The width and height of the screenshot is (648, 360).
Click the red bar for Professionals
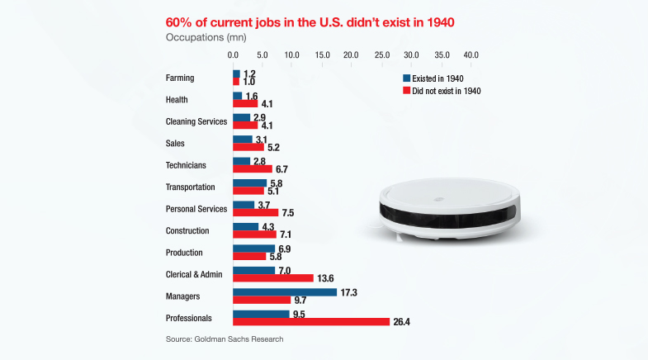point(311,321)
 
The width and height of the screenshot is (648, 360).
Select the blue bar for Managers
point(285,291)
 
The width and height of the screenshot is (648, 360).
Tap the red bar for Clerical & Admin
point(273,277)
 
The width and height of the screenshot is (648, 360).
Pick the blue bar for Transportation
point(250,182)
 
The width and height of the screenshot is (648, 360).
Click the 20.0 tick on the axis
point(351,54)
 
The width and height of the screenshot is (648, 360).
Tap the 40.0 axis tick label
point(471,54)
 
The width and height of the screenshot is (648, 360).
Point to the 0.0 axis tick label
point(234,54)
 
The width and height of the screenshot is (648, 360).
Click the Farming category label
point(180,78)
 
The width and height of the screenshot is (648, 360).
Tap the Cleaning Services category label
point(196,122)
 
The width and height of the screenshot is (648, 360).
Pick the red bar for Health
point(245,104)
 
